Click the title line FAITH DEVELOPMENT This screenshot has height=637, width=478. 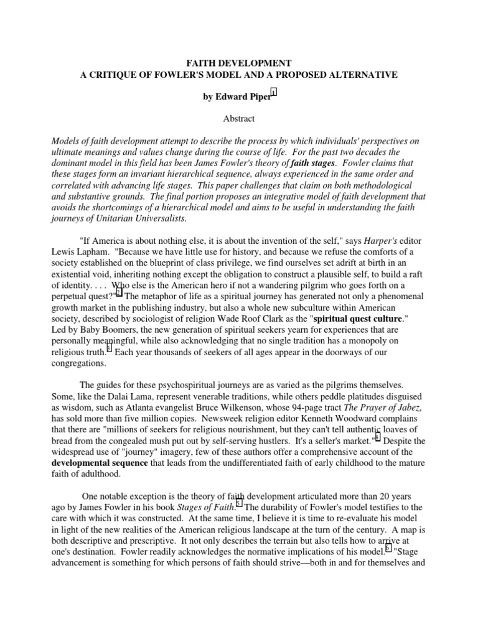238,63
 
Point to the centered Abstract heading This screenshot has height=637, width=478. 239,118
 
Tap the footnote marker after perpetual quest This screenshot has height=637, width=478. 119,292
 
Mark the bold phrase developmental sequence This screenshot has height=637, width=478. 100,463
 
